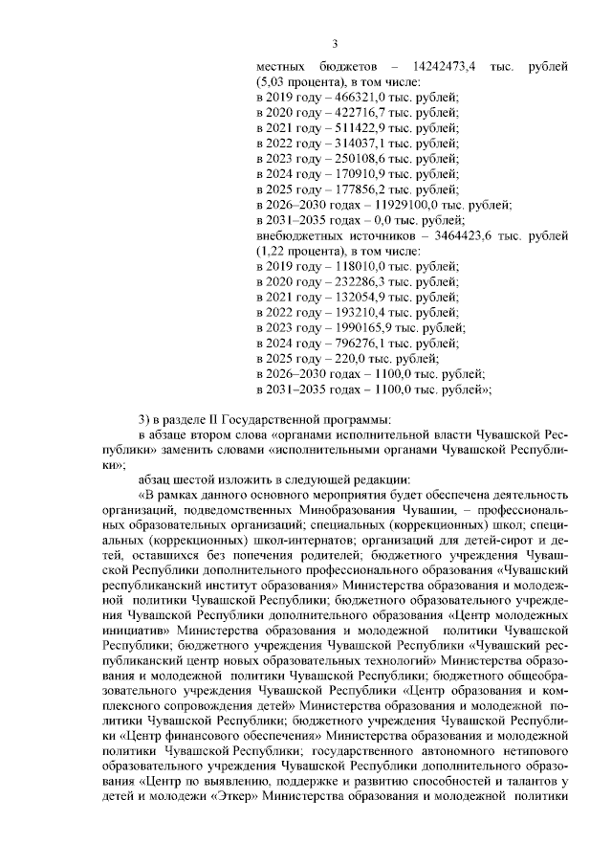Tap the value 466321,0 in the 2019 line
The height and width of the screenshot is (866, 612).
(x=351, y=99)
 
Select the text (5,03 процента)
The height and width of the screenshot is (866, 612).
(x=299, y=83)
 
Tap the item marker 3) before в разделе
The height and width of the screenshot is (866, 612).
(x=144, y=419)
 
